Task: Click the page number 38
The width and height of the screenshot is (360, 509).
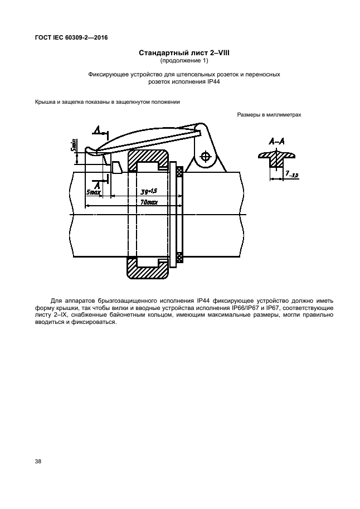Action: click(x=37, y=462)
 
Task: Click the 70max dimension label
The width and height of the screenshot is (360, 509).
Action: click(x=148, y=203)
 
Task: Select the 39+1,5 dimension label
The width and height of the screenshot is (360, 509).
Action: click(x=148, y=191)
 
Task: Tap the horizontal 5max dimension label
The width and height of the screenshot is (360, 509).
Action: click(x=94, y=192)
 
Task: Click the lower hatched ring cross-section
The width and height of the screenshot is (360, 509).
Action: click(x=148, y=269)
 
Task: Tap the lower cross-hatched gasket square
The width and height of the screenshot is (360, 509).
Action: click(x=179, y=257)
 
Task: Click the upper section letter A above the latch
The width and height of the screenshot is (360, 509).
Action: click(x=97, y=130)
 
